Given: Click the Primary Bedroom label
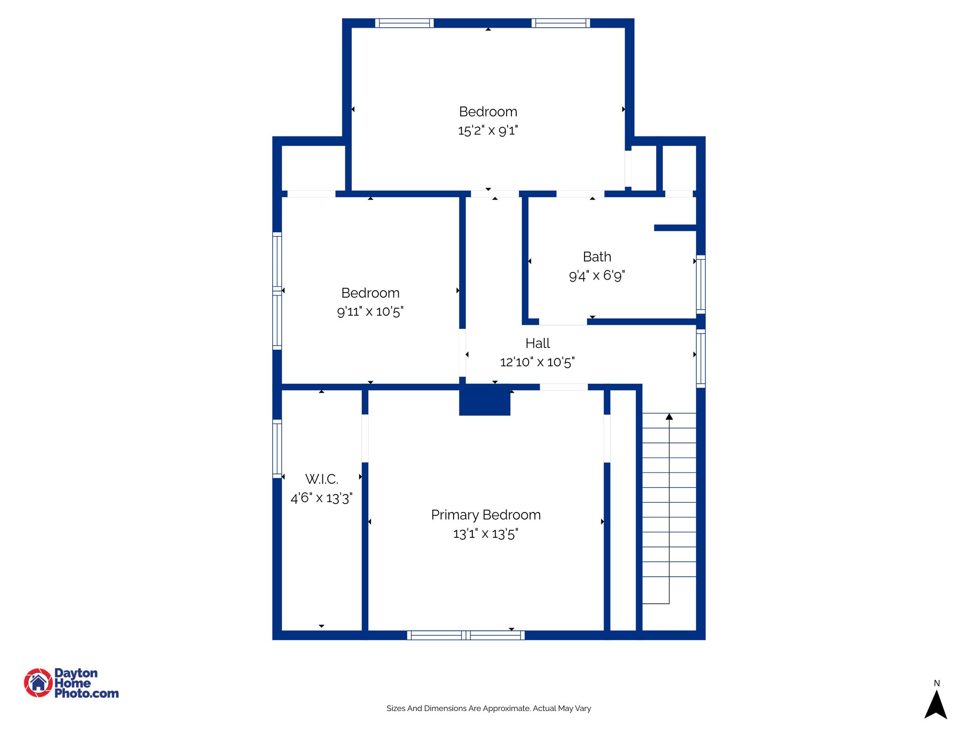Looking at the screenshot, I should tap(486, 515).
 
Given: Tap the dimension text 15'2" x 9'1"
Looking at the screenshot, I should tap(488, 130).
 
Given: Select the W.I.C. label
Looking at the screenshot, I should tap(321, 479).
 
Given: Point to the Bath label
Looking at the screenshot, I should tap(596, 257).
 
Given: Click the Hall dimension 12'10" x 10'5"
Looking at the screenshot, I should tap(537, 362).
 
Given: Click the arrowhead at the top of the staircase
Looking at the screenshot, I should tap(669, 417).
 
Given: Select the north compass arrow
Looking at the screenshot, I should tap(935, 705).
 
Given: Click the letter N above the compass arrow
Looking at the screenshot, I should tap(936, 683).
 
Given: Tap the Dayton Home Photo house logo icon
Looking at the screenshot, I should tap(38, 682).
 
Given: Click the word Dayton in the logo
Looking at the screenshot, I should tap(76, 673).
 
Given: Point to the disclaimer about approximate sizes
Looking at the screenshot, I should tap(489, 708).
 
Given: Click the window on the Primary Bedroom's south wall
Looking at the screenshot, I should tap(466, 635).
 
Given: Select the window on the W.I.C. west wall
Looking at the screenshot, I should tap(277, 449).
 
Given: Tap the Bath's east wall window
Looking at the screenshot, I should tap(701, 284).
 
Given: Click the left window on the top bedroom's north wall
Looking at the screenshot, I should tap(404, 23).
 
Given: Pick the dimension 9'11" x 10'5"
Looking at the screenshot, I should tap(370, 312).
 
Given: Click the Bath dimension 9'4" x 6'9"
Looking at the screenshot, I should tap(596, 275).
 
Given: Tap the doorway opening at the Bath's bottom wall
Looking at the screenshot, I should tap(563, 322).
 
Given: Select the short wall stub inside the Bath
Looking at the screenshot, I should tap(675, 228).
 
